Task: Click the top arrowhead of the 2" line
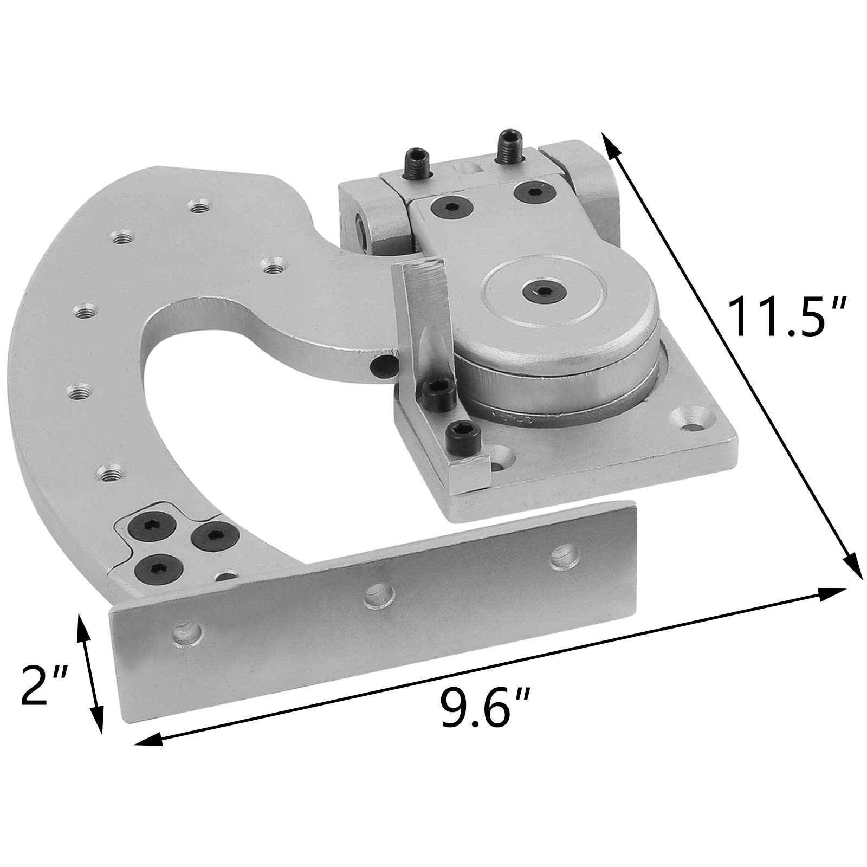[81, 622]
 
